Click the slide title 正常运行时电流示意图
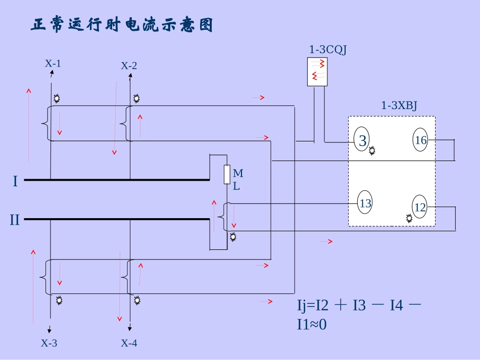[122, 25]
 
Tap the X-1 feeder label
[53, 64]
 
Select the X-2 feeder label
[129, 66]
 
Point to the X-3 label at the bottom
[49, 343]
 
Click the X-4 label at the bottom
[129, 343]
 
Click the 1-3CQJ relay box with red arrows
[317, 72]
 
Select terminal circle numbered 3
[362, 141]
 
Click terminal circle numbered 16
[421, 140]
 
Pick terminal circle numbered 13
[365, 203]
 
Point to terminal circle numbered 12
[420, 208]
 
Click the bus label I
[15, 181]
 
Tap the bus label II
[15, 220]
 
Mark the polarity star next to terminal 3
[373, 150]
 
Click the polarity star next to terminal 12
[409, 218]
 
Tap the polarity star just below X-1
[57, 97]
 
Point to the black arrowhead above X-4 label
[130, 331]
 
